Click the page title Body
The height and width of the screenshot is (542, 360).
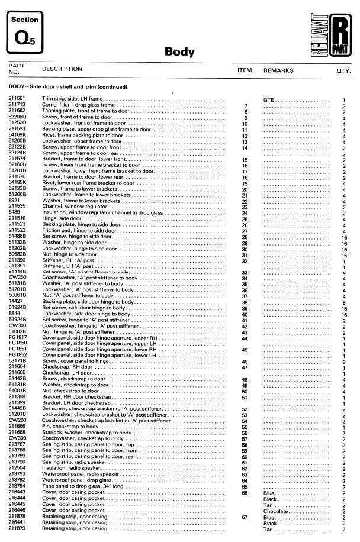pyautogui.click(x=179, y=52)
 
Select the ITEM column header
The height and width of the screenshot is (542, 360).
pyautogui.click(x=245, y=70)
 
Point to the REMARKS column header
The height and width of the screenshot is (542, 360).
pyautogui.click(x=278, y=70)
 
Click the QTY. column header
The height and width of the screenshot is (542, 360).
pyautogui.click(x=343, y=71)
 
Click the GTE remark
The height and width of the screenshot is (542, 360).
pyautogui.click(x=269, y=99)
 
